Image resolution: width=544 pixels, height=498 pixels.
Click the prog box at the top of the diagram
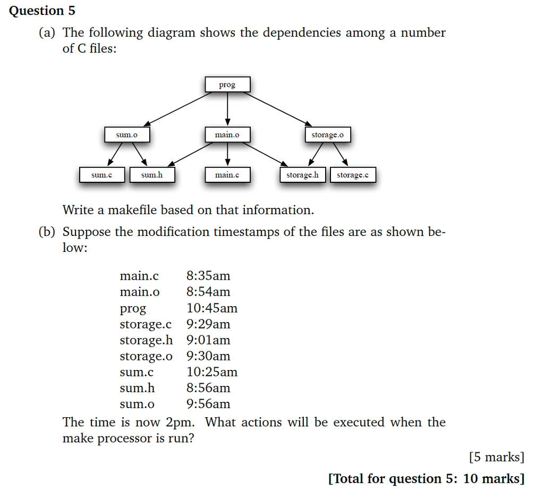pyautogui.click(x=227, y=85)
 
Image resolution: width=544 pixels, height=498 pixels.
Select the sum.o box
pyautogui.click(x=126, y=135)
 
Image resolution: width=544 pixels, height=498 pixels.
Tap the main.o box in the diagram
pyautogui.click(x=227, y=135)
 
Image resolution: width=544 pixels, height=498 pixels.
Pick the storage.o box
pyautogui.click(x=327, y=135)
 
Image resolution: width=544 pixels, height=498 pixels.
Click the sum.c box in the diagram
pyautogui.click(x=101, y=175)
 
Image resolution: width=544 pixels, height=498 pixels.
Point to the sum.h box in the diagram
pyautogui.click(x=152, y=175)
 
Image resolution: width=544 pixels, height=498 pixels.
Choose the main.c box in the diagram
pyautogui.click(x=227, y=175)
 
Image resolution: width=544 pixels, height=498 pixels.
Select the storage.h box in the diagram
pyautogui.click(x=302, y=175)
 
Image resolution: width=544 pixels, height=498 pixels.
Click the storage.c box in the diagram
pyautogui.click(x=353, y=175)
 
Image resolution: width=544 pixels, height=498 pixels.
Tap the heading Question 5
pyautogui.click(x=42, y=11)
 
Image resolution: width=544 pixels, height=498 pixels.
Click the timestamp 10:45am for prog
pyautogui.click(x=212, y=308)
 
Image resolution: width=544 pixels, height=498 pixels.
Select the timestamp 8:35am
pyautogui.click(x=208, y=276)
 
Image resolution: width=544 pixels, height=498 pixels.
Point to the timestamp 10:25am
pyautogui.click(x=212, y=372)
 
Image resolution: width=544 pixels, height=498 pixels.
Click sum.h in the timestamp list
pyautogui.click(x=138, y=388)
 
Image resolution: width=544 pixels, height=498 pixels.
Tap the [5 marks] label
pyautogui.click(x=497, y=457)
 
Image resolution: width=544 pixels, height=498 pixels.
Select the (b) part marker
pyautogui.click(x=47, y=232)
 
